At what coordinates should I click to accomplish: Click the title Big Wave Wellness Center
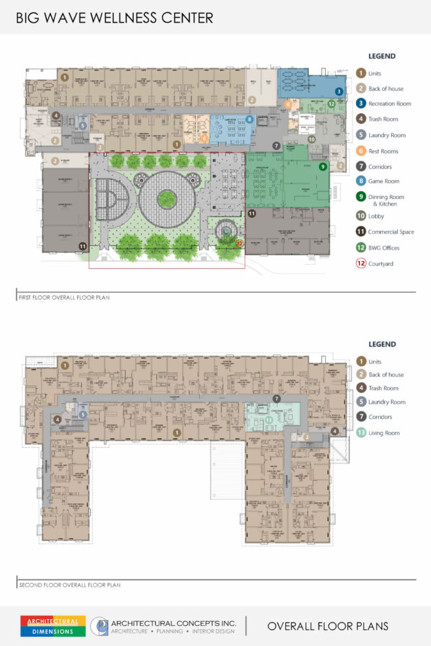coord(115,18)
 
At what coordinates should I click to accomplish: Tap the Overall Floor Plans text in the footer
coord(327,626)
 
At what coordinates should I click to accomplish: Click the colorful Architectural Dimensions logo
coord(53,626)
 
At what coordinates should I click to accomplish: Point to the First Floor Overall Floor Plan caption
coord(63,297)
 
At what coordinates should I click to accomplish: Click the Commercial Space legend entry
coord(385,232)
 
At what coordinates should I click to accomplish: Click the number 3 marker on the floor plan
coord(339,92)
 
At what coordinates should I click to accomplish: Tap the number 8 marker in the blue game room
coord(249,119)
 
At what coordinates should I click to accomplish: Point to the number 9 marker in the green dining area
coord(322,167)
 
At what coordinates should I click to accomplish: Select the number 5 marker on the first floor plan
coord(82,125)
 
